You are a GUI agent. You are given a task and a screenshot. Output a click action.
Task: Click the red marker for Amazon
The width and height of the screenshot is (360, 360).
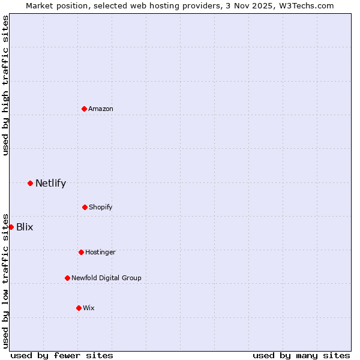84,109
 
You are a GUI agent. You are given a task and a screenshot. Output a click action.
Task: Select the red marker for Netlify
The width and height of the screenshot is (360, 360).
30,183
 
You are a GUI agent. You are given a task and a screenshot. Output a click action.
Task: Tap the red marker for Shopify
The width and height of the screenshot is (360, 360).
85,207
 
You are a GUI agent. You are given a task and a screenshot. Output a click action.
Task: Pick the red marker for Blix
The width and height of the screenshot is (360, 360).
11,227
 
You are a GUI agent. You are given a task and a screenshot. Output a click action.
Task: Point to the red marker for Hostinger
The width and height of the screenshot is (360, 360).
81,252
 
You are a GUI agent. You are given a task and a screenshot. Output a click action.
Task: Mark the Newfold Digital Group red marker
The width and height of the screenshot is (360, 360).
67,278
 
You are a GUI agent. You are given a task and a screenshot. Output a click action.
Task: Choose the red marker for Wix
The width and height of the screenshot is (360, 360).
79,308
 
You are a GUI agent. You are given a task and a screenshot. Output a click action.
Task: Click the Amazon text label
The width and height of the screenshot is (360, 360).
101,109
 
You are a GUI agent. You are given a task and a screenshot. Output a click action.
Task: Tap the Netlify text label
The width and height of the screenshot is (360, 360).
50,183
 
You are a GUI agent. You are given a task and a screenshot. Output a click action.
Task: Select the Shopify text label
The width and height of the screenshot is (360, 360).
101,207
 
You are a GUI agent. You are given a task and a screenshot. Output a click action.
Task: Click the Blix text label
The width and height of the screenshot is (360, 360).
25,227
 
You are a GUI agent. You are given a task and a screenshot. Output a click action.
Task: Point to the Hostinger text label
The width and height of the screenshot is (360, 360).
100,252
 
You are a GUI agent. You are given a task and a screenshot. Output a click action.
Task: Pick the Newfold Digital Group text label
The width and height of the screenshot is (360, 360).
106,278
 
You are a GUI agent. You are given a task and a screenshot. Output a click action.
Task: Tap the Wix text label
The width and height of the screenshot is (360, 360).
89,308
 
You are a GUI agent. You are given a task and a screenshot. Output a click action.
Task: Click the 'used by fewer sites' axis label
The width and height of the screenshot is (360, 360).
62,355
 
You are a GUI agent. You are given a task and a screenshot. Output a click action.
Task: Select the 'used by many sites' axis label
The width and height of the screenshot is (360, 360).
301,355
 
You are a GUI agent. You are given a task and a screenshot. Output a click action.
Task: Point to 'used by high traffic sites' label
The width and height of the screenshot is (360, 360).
5,85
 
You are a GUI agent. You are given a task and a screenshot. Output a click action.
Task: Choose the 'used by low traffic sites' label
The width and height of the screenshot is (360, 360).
5,280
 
